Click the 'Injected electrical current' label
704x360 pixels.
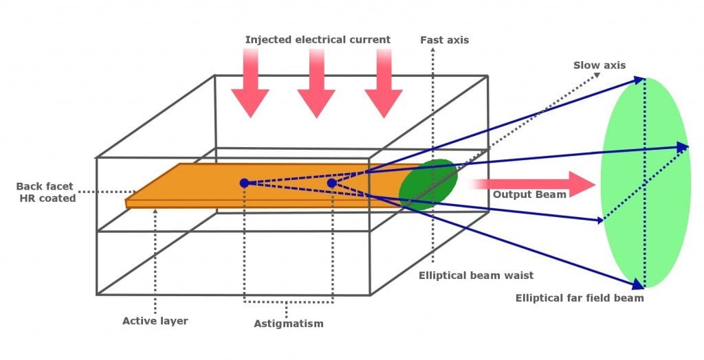318,40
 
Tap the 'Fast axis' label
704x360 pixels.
444,40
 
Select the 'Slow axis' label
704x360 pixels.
599,65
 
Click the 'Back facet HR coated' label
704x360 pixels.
46,192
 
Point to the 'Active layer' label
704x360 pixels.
155,321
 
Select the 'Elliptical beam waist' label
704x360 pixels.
476,276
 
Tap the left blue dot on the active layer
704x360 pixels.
244,183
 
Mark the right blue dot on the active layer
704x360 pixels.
331,183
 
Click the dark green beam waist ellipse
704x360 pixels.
428,184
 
